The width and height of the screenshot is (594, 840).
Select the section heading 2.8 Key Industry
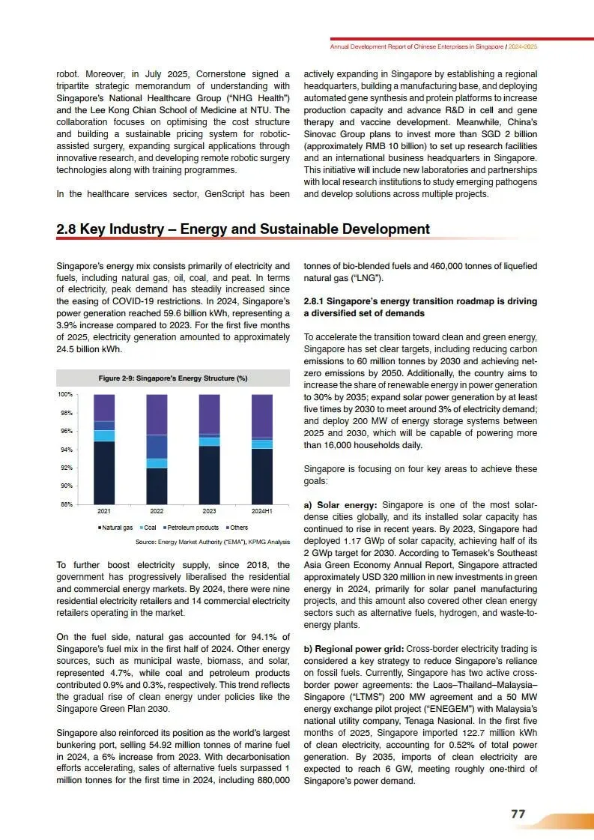pyautogui.click(x=243, y=229)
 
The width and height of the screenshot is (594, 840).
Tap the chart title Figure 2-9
pyautogui.click(x=173, y=378)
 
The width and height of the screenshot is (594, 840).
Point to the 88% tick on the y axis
pyautogui.click(x=66, y=504)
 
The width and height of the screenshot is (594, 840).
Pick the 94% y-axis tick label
pyautogui.click(x=66, y=450)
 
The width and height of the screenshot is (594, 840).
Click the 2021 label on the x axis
pyautogui.click(x=105, y=510)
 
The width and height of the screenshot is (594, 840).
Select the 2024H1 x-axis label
pyautogui.click(x=261, y=510)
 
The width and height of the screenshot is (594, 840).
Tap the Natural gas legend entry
pyautogui.click(x=115, y=528)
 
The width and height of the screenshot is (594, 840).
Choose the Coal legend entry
pyautogui.click(x=148, y=528)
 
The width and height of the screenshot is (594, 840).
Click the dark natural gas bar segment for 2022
pyautogui.click(x=157, y=486)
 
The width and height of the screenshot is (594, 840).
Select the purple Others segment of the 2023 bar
pyautogui.click(x=209, y=414)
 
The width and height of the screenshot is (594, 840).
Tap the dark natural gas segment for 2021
pyautogui.click(x=105, y=473)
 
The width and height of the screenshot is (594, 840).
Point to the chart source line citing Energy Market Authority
pyautogui.click(x=212, y=541)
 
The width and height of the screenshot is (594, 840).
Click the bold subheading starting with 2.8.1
pyautogui.click(x=419, y=306)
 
